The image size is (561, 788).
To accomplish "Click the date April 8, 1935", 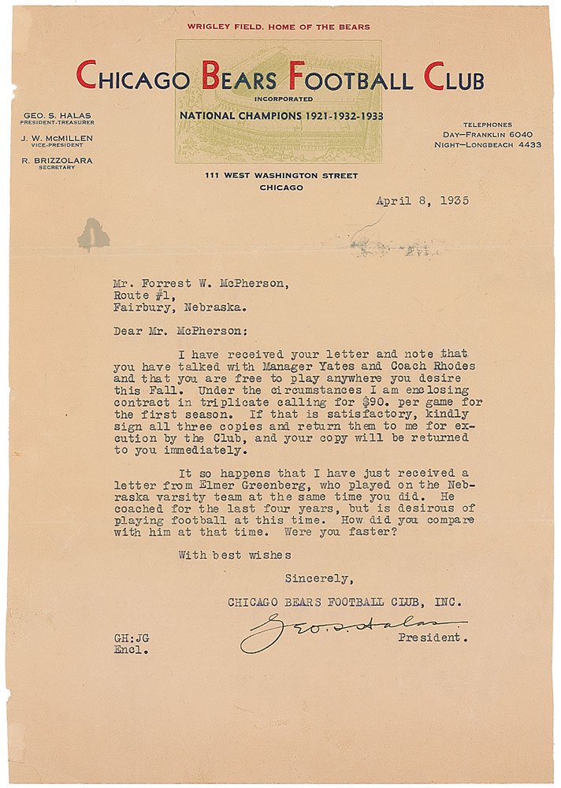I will click(422, 200).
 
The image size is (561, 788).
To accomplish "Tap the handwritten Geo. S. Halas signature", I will click(351, 630).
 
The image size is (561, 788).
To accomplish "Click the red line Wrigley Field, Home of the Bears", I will click(278, 27).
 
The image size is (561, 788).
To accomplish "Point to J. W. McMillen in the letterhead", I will click(58, 139).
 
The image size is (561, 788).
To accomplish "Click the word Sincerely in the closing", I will click(318, 579).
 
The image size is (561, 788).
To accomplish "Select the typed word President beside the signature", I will click(433, 637).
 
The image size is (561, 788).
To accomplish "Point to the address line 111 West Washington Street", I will click(278, 176).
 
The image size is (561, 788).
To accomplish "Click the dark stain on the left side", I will click(93, 233).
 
